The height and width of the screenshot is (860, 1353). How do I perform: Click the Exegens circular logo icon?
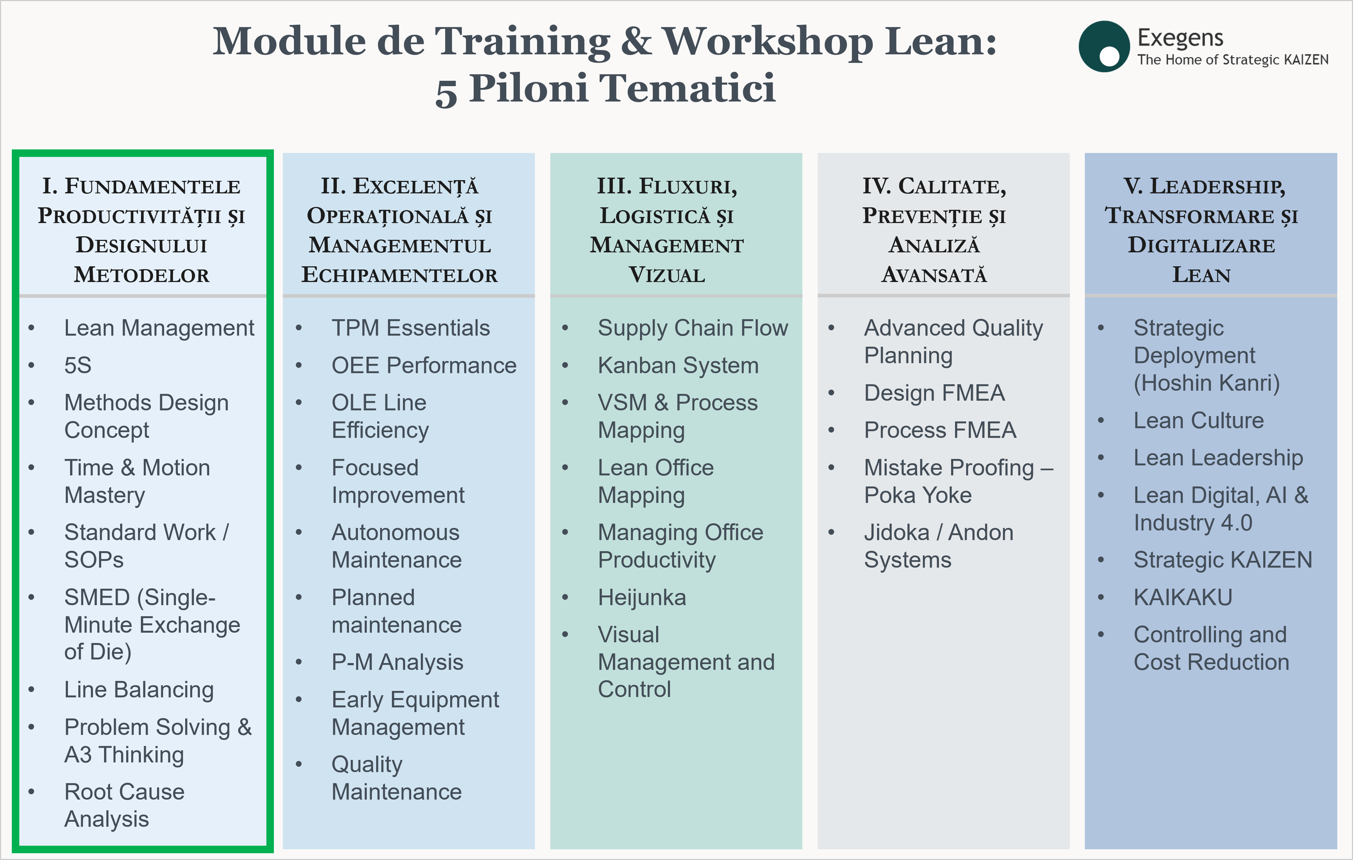point(1104,46)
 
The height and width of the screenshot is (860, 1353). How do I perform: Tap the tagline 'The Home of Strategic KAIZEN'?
point(1233,60)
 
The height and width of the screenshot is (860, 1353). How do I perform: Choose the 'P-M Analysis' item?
point(397,662)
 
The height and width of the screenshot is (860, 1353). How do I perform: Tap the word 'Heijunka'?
point(642,598)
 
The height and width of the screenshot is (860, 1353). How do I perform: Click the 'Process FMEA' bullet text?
point(940,430)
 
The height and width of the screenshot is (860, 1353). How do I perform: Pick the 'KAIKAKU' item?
point(1183,597)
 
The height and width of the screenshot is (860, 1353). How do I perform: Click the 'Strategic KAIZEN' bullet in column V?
point(1222,560)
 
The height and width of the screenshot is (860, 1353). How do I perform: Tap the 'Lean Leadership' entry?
point(1218,458)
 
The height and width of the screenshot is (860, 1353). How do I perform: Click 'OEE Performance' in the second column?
point(424,366)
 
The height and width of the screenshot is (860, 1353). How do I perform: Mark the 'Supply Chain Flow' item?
point(693,328)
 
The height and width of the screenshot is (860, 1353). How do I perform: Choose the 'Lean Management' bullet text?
point(159,328)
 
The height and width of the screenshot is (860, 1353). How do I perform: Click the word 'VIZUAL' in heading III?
point(666,275)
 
